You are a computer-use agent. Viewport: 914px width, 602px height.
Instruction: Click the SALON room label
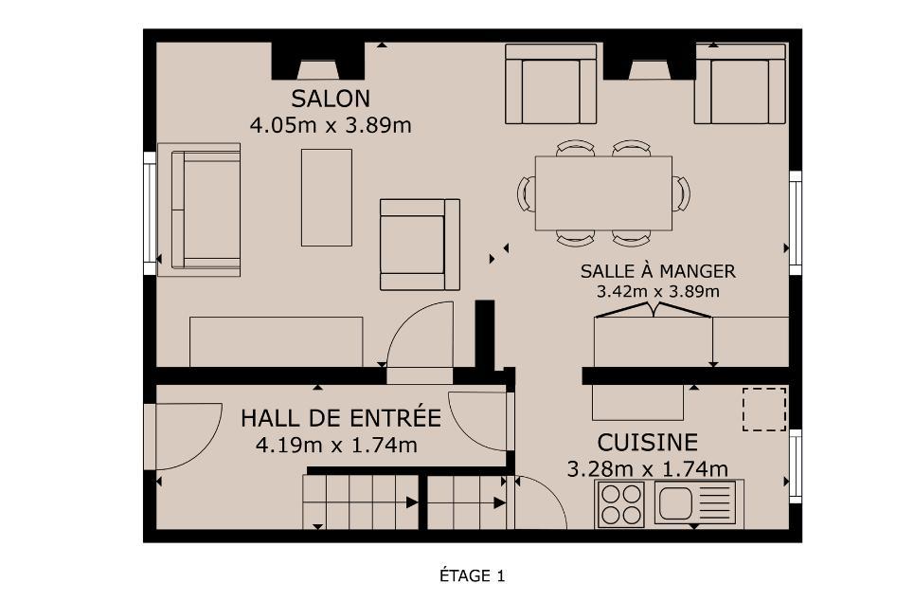(331, 99)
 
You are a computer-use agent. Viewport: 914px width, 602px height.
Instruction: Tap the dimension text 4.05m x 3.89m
(331, 125)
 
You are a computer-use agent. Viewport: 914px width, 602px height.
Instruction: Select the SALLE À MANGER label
(657, 271)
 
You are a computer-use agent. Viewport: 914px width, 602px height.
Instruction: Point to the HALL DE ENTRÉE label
(341, 418)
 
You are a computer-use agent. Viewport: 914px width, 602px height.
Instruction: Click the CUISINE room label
(647, 443)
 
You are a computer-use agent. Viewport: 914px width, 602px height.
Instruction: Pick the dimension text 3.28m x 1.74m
(647, 469)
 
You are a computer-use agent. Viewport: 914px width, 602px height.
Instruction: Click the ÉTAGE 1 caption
(473, 576)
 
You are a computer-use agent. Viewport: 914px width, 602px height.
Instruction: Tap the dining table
(603, 193)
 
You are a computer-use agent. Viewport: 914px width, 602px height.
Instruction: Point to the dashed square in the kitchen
(763, 410)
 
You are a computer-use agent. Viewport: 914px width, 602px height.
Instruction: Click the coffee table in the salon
(327, 198)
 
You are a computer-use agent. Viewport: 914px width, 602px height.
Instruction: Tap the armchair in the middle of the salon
(420, 245)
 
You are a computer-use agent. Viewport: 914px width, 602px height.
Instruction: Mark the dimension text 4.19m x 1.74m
(336, 445)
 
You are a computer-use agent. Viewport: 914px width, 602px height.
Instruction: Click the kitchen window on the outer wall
(795, 466)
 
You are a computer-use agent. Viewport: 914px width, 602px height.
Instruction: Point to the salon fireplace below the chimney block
(318, 70)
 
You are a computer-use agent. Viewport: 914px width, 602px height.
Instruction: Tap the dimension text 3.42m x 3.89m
(657, 291)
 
